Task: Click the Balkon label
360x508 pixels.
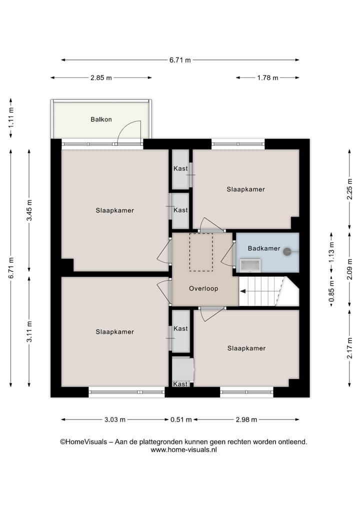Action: [x=101, y=119]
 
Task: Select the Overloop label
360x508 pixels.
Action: [x=203, y=288]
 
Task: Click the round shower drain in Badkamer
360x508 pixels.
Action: [x=287, y=252]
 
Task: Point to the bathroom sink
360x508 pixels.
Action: [x=249, y=265]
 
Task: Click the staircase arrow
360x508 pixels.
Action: [x=260, y=292]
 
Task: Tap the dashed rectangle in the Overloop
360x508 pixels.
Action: [x=201, y=252]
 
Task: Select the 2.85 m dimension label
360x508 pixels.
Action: [x=101, y=78]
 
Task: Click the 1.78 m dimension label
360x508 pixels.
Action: [x=267, y=78]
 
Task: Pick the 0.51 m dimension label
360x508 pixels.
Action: [x=181, y=420]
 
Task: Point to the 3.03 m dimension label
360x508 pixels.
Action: [x=114, y=420]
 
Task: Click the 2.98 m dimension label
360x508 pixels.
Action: [x=246, y=420]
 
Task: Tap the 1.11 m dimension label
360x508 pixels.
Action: [x=11, y=119]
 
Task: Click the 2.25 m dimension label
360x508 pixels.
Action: [x=349, y=189]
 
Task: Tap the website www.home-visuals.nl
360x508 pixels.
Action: [x=183, y=450]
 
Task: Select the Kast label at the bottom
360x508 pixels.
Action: [x=180, y=384]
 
